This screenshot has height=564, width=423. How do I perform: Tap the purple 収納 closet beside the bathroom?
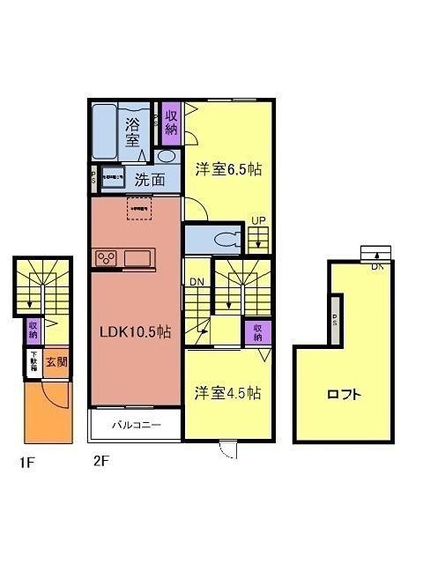[x=171, y=125]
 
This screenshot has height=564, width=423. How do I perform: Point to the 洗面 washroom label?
[x=149, y=179]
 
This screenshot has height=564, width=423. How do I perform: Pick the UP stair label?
[x=258, y=221]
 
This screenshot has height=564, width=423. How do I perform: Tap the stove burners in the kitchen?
[x=107, y=258]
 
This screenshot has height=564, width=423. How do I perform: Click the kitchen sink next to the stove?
[x=139, y=258]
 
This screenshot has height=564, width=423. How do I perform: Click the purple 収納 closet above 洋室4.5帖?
[x=257, y=332]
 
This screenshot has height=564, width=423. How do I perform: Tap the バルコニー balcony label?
[x=136, y=425]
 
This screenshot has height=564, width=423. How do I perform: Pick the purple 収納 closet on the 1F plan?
[x=33, y=330]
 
